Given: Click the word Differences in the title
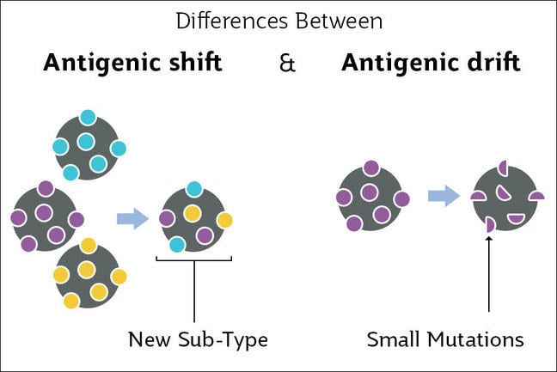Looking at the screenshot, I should coord(223,20).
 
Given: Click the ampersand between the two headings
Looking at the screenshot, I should coord(287,64).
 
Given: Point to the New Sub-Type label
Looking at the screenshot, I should coord(198,339).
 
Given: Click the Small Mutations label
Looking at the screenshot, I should coord(444,339).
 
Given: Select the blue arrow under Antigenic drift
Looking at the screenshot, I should coord(443,196).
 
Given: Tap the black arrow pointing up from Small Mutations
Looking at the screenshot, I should coord(488,275).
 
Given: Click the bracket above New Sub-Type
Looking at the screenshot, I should coord(194,258).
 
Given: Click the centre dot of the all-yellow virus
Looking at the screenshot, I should coord(86,271).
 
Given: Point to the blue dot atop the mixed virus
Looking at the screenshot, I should coord(195,189).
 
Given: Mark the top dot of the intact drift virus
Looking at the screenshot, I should coord(370,168).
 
